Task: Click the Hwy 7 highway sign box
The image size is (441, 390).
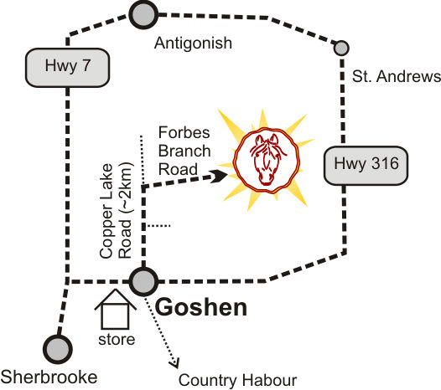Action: point(68,68)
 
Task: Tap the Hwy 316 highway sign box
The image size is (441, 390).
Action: point(366,166)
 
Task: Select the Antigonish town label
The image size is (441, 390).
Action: point(193,44)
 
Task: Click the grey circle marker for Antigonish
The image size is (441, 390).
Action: point(143,14)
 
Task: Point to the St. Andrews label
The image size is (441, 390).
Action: point(397,76)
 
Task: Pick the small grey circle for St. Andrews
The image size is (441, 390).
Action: point(341,48)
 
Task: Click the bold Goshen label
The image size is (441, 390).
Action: point(201,307)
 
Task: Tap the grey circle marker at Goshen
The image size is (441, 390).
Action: point(143,281)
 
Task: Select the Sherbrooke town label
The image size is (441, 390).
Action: point(49,377)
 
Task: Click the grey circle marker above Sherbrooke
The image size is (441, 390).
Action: point(58,349)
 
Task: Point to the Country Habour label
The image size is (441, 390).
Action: point(237,380)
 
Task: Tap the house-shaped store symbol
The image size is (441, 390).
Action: point(116,309)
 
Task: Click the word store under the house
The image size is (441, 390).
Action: point(117,340)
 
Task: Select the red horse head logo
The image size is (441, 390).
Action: point(267,161)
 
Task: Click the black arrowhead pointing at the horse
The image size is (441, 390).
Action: point(219,176)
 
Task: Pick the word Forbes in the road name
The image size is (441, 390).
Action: point(184,132)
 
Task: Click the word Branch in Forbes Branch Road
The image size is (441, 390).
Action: point(184,151)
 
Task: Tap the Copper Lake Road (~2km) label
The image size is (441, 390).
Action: point(116,210)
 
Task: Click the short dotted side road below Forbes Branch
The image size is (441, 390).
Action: point(159,225)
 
